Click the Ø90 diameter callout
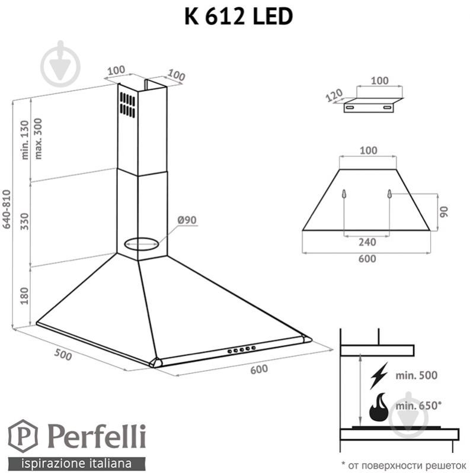pos(186,220)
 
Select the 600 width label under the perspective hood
pos(258,369)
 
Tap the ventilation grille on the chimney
pos(126,104)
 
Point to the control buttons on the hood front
pos(242,350)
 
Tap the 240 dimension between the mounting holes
pos(366,242)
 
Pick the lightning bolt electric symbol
pos(378,376)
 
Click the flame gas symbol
pos(379,407)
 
